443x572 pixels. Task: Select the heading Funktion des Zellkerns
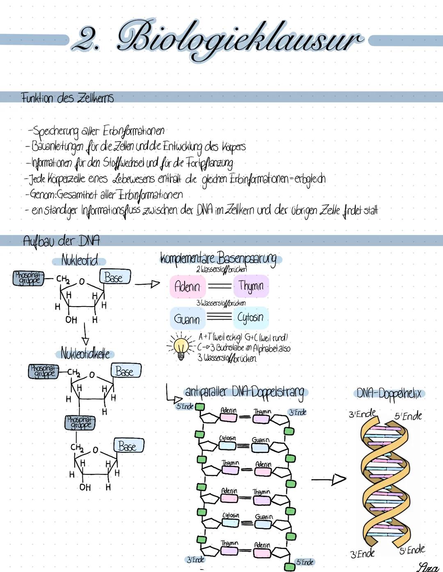[67, 98]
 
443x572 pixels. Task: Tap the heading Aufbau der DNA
[61, 240]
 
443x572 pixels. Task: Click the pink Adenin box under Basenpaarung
[187, 286]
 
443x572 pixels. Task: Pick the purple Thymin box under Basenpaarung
[251, 286]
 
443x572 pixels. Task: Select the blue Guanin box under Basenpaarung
[187, 318]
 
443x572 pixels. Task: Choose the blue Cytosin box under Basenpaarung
[250, 318]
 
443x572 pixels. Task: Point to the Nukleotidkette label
[85, 353]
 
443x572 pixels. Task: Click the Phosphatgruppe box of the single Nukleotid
[28, 278]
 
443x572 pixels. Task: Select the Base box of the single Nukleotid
[114, 277]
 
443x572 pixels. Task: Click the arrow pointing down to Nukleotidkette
[85, 334]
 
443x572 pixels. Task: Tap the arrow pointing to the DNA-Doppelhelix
[328, 479]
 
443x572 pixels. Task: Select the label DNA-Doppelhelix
[388, 394]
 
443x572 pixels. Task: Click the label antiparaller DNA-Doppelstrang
[245, 392]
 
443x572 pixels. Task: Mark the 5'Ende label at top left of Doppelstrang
[185, 406]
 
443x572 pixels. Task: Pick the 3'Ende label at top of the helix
[362, 414]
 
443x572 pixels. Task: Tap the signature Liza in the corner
[427, 567]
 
